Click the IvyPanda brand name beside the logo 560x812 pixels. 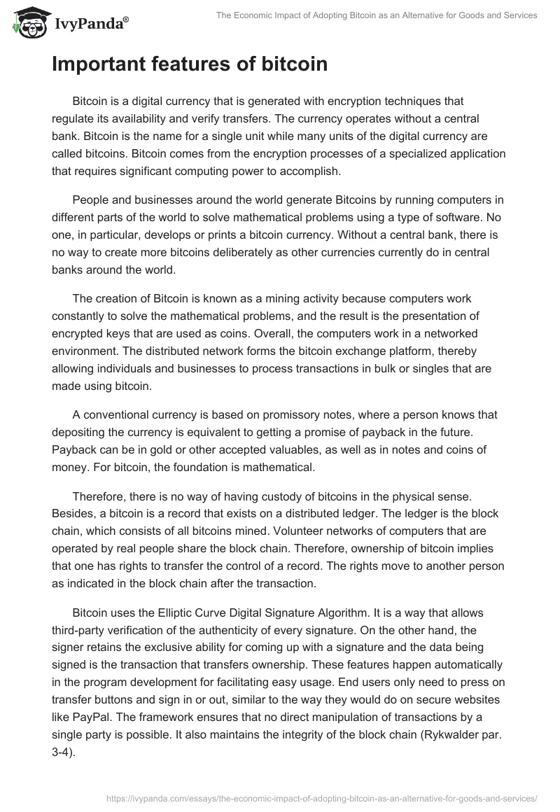90,22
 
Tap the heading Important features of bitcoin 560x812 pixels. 189,64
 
